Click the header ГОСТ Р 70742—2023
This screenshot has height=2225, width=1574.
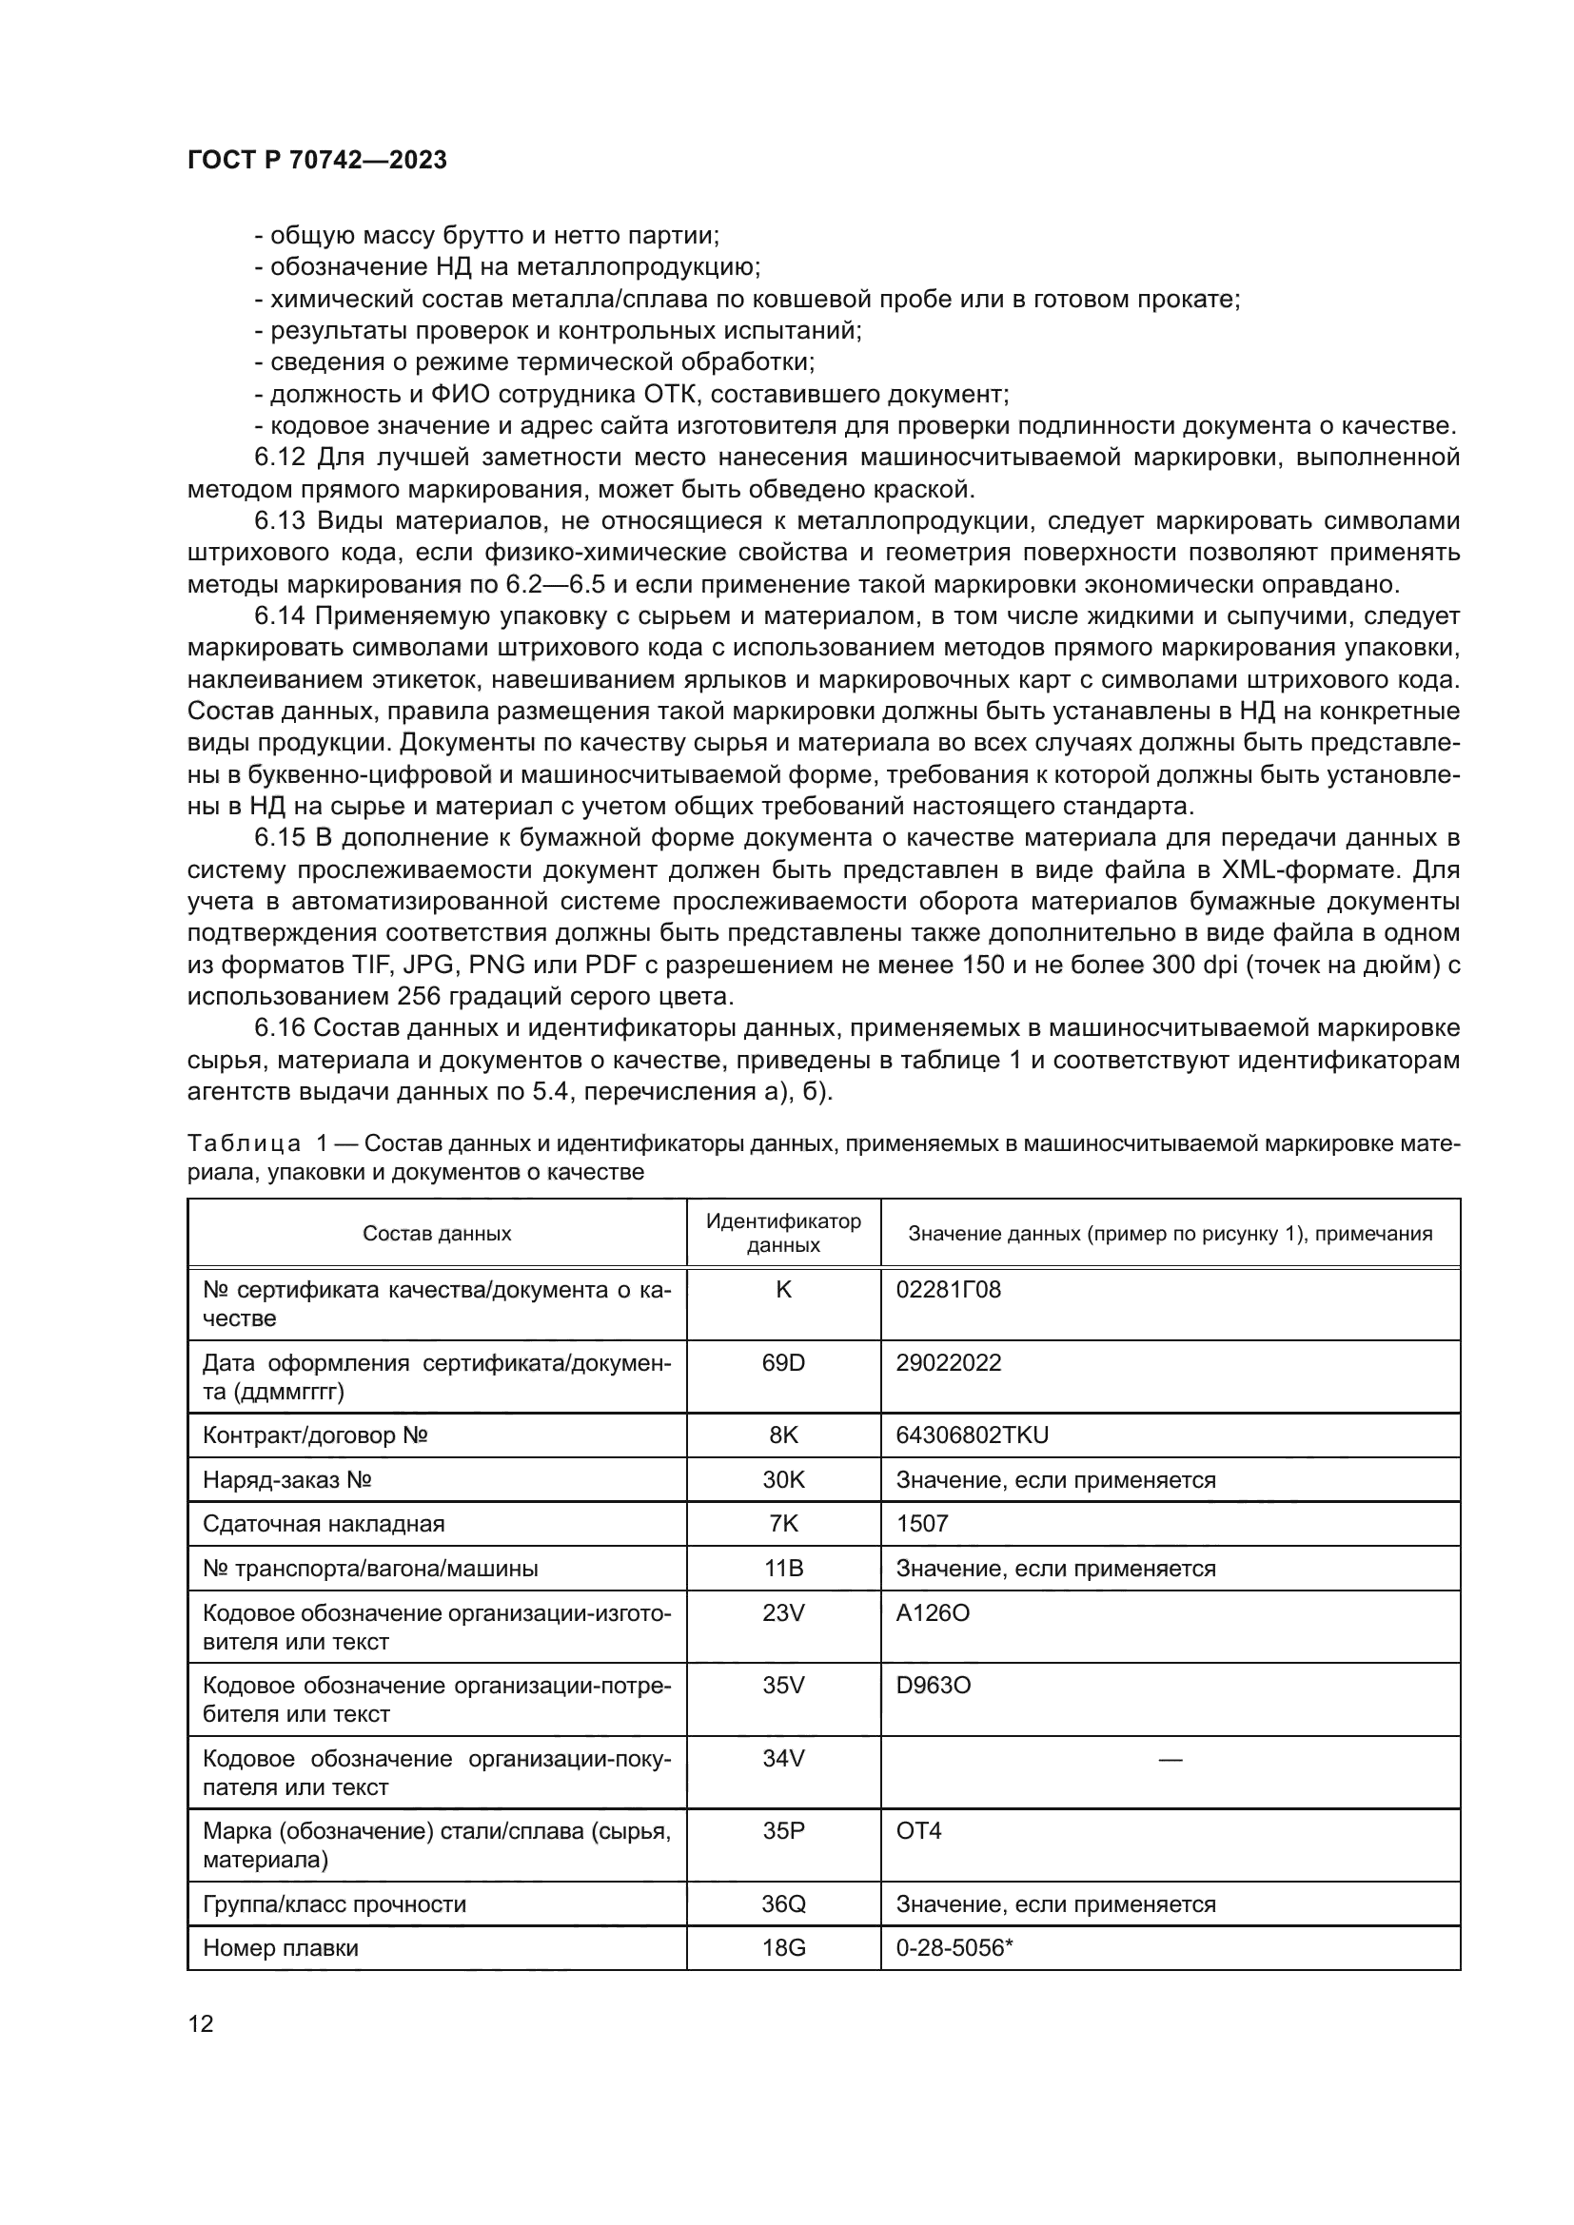pyautogui.click(x=317, y=160)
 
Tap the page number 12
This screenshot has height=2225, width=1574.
pyautogui.click(x=201, y=2023)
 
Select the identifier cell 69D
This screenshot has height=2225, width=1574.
pyautogui.click(x=783, y=1362)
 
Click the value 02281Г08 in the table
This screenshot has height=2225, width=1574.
pyautogui.click(x=948, y=1290)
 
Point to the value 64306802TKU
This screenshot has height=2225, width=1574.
pyautogui.click(x=973, y=1435)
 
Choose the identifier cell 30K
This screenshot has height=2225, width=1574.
pyautogui.click(x=783, y=1480)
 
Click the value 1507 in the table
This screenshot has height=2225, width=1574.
pyautogui.click(x=922, y=1523)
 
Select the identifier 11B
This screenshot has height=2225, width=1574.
pyautogui.click(x=783, y=1568)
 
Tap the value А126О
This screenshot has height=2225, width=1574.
pyautogui.click(x=933, y=1612)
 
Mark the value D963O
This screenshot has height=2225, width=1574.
pyautogui.click(x=933, y=1686)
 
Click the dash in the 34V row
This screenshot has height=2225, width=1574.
pyautogui.click(x=1170, y=1759)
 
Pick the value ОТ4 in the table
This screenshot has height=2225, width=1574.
pyautogui.click(x=919, y=1830)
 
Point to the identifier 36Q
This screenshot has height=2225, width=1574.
pyautogui.click(x=783, y=1904)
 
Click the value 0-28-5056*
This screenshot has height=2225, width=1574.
pyautogui.click(x=954, y=1948)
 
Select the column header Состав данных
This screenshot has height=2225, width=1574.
pyautogui.click(x=437, y=1234)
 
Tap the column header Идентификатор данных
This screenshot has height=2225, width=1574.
pyautogui.click(x=783, y=1233)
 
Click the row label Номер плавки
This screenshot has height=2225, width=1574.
pyautogui.click(x=280, y=1948)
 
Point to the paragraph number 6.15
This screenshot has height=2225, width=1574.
pyautogui.click(x=280, y=837)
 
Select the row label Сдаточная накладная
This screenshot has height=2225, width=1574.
pyautogui.click(x=323, y=1523)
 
